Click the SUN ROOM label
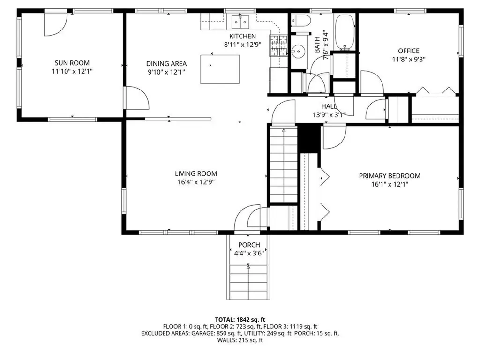pos(72,63)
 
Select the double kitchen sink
pos(242,21)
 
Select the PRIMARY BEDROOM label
pos(390,176)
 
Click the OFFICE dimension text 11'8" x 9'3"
pos(408,60)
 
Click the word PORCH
pos(249,245)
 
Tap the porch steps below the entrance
pos(249,281)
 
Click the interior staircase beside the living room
pos(283,164)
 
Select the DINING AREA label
pos(166,64)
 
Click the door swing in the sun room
pos(54,23)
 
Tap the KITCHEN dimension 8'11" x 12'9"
pos(242,45)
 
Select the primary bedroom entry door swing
pos(334,136)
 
